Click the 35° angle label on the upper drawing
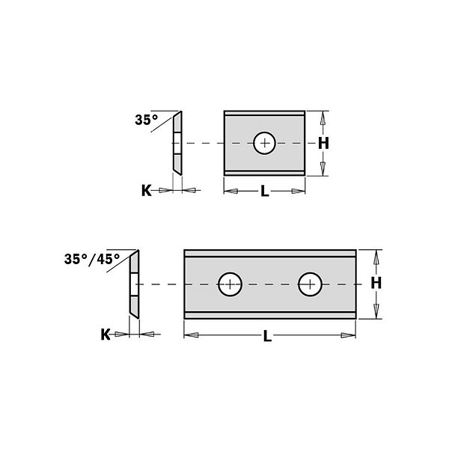pyautogui.click(x=147, y=120)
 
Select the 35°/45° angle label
pyautogui.click(x=92, y=260)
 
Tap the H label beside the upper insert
pyautogui.click(x=323, y=143)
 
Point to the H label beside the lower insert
pyautogui.click(x=376, y=283)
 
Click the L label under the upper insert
pyautogui.click(x=265, y=191)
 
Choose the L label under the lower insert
pyautogui.click(x=267, y=336)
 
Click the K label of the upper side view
pyautogui.click(x=147, y=191)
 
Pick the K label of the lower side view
pyautogui.click(x=106, y=335)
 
